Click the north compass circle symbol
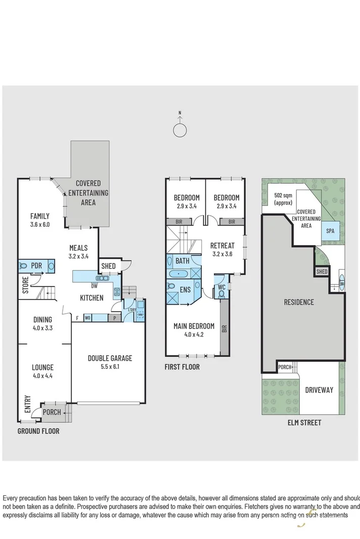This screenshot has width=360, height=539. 179,130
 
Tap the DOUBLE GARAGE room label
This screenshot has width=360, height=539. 110,358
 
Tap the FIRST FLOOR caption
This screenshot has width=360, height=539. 182,367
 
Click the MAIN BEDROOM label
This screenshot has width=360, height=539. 194,326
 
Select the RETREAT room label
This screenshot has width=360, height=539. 222,246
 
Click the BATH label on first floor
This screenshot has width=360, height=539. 183,261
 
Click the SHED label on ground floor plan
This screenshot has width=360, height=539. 108,266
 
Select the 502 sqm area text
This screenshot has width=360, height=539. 283,199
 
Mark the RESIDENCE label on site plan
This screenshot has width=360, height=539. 298,302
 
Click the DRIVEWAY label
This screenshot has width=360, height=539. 319,389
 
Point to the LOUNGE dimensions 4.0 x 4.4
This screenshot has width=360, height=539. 42,376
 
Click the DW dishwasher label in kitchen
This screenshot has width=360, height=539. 95,286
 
